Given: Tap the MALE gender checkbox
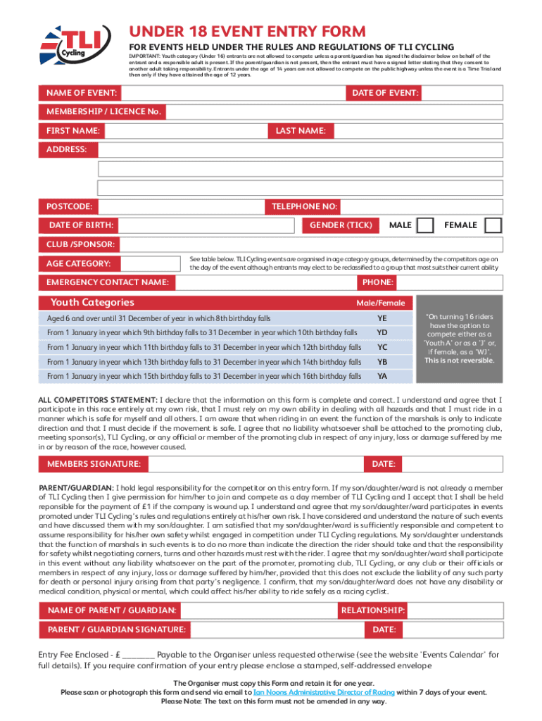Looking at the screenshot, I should pyautogui.click(x=425, y=225).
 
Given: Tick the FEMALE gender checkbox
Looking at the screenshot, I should pyautogui.click(x=493, y=225).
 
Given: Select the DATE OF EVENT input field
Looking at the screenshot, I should pyautogui.click(x=462, y=94).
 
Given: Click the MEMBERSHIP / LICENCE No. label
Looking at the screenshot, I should pyautogui.click(x=103, y=112).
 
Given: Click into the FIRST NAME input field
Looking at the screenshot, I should pyautogui.click(x=184, y=131).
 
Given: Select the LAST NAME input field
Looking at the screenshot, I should pyautogui.click(x=416, y=131).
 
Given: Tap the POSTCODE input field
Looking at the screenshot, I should pyautogui.click(x=181, y=206).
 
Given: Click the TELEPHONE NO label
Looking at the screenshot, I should pyautogui.click(x=302, y=206).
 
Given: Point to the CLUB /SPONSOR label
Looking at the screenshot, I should pyautogui.click(x=80, y=244).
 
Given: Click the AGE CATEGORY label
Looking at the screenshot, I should pyautogui.click(x=79, y=263).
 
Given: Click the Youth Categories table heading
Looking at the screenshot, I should pyautogui.click(x=92, y=303).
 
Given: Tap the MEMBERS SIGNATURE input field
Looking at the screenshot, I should pyautogui.click(x=256, y=464).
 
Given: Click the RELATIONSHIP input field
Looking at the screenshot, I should pyautogui.click(x=464, y=610).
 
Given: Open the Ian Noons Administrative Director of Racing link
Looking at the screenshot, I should pyautogui.click(x=324, y=692).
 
